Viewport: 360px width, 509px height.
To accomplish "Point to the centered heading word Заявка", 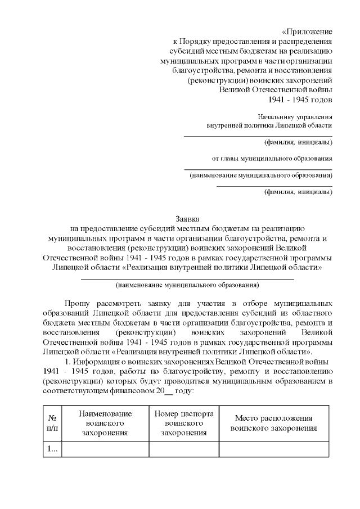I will pyautogui.click(x=187, y=219).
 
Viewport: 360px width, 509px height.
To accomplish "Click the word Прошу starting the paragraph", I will pyautogui.click(x=77, y=304).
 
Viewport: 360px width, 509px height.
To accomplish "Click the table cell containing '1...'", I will pyautogui.click(x=52, y=449).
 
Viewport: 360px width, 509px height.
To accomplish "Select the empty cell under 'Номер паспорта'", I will pyautogui.click(x=183, y=449).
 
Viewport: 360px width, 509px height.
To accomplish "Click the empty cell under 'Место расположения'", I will pyautogui.click(x=273, y=449).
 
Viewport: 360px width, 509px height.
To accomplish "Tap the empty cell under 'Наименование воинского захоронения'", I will pyautogui.click(x=105, y=449).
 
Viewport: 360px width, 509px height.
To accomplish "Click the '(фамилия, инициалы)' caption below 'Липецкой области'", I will pyautogui.click(x=298, y=141).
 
